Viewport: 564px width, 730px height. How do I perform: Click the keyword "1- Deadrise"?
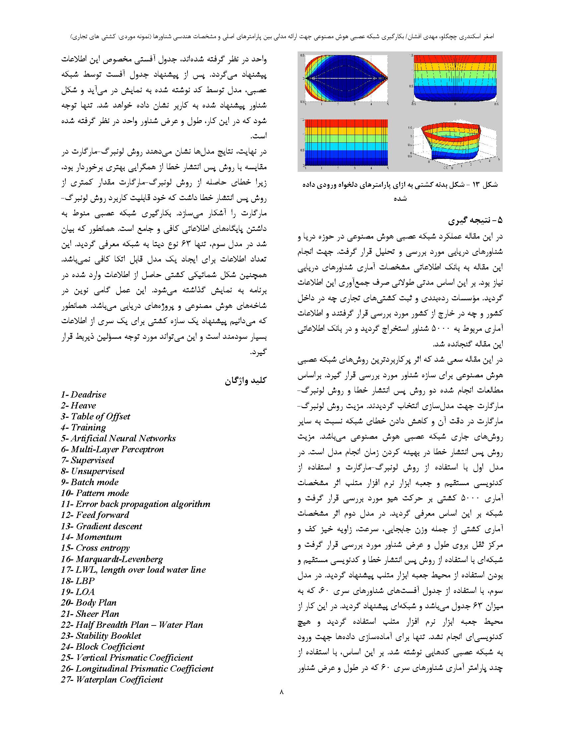(x=84, y=395)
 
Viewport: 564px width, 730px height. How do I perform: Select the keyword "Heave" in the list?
(x=83, y=405)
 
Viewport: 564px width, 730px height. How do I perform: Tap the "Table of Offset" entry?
(x=100, y=416)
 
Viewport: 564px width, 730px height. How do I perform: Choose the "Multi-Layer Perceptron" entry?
(x=117, y=449)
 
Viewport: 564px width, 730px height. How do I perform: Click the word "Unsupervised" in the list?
(x=97, y=471)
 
